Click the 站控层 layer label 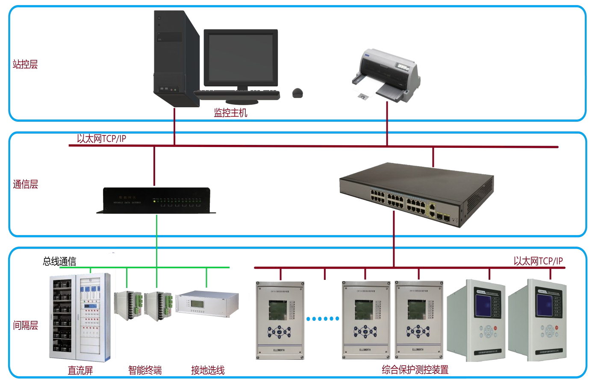[25, 65]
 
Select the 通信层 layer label [25, 185]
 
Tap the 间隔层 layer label [25, 326]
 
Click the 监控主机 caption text [230, 113]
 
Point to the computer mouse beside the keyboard [298, 93]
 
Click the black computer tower [176, 58]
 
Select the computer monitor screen [241, 58]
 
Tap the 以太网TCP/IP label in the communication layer [101, 138]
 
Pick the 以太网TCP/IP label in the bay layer [538, 261]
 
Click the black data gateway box [156, 200]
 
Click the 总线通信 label [59, 261]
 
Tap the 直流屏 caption [80, 370]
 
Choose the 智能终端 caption [145, 370]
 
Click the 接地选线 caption [208, 370]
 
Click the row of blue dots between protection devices [323, 319]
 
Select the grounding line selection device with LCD [207, 303]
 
